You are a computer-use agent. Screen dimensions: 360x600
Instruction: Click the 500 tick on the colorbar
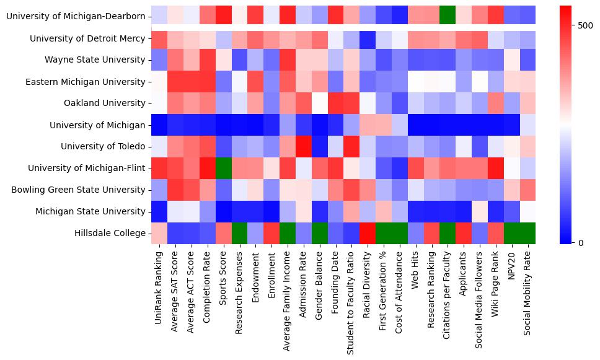click(x=585, y=26)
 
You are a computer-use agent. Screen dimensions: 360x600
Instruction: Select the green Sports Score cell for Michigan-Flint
click(x=223, y=169)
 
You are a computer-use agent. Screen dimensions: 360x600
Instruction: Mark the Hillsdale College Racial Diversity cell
click(x=368, y=233)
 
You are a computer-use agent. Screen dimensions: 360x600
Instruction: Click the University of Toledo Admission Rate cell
click(x=304, y=147)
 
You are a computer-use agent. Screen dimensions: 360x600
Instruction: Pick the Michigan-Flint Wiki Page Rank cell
click(x=496, y=169)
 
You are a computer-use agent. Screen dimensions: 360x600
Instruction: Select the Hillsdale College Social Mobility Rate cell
click(x=529, y=233)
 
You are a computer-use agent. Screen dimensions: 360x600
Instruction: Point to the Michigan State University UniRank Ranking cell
click(x=159, y=211)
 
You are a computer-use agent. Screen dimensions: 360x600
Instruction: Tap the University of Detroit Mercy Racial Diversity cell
click(x=368, y=39)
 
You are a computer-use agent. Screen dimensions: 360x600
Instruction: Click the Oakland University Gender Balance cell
click(x=320, y=103)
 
